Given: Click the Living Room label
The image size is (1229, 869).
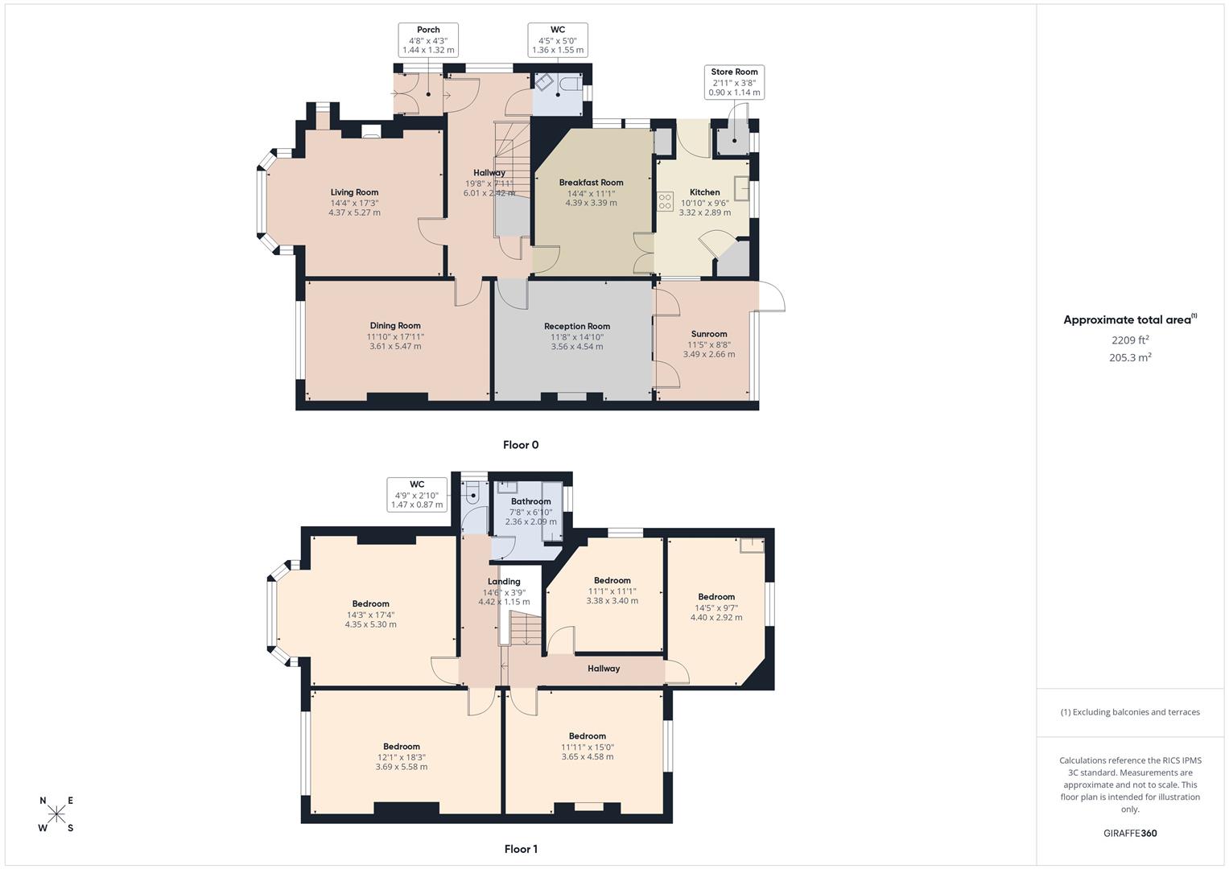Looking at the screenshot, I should [354, 192].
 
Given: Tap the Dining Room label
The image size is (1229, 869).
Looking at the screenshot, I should [395, 326].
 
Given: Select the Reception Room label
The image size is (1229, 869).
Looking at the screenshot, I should [576, 327].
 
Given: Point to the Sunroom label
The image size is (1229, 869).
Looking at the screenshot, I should [708, 334].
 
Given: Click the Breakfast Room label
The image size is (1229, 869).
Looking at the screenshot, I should [591, 183].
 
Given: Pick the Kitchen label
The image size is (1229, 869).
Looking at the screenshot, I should [704, 192].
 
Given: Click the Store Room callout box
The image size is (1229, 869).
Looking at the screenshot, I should [734, 82].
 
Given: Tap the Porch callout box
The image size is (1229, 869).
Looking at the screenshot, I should [428, 40].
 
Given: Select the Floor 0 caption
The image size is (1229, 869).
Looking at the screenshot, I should [521, 445].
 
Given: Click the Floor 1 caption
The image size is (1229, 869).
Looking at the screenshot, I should [521, 849].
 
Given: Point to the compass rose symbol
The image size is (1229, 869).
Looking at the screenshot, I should [56, 814].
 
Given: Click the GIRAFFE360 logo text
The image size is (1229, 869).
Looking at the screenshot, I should [1130, 834].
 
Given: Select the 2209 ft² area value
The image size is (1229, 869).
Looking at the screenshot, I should [1130, 340].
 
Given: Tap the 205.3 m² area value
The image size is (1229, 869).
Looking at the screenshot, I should [1130, 358].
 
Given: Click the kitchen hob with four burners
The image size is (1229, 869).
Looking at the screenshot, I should [665, 201].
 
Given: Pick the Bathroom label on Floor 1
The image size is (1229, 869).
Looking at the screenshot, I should [530, 502].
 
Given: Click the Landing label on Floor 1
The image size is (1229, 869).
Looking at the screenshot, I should [504, 582].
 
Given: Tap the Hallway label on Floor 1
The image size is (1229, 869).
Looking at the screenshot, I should [604, 669].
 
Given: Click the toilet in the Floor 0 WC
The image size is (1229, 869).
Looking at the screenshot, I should [572, 84].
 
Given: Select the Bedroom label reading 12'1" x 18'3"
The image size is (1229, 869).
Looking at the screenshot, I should [401, 747].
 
